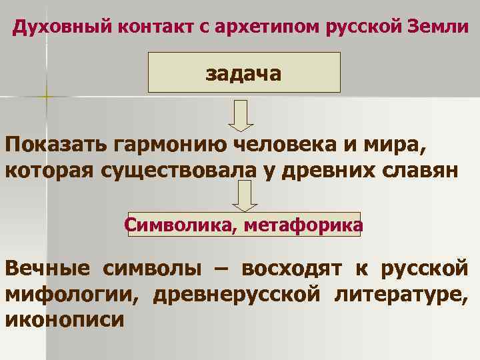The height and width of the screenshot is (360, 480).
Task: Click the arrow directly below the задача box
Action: tap(241, 115)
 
